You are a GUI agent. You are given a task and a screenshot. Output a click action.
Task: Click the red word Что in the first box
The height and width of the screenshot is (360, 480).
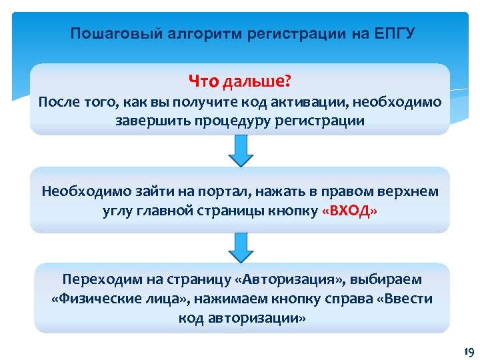point(203,81)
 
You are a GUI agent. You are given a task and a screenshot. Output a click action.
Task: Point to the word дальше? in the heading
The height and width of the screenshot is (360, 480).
point(257,81)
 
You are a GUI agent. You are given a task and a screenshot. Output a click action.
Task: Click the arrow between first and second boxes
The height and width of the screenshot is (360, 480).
point(241,151)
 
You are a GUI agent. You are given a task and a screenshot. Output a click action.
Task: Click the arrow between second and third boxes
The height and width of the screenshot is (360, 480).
point(241,247)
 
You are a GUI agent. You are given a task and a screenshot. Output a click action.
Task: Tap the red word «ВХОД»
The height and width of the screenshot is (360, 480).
point(349,211)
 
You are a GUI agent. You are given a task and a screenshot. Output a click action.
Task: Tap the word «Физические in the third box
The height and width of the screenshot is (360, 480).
point(92,299)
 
